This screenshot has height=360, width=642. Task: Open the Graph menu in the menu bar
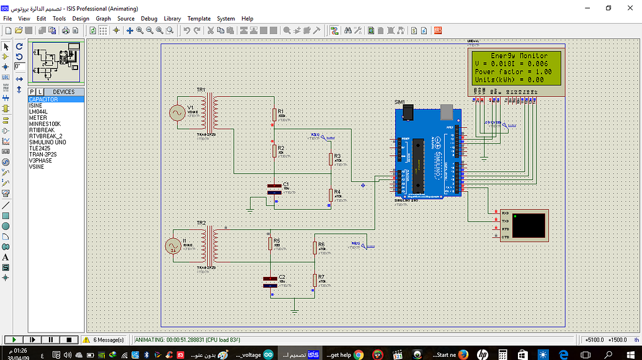(x=103, y=19)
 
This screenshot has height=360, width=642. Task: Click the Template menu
(x=199, y=19)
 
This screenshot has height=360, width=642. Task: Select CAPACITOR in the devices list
(x=43, y=99)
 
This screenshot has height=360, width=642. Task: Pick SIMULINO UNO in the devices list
(x=47, y=142)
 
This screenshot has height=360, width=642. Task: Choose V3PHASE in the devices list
(x=40, y=161)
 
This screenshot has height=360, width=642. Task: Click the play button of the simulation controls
(x=12, y=340)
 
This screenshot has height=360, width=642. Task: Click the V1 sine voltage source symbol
(x=178, y=112)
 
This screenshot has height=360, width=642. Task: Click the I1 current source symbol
(x=172, y=246)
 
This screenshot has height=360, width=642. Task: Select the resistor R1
(x=274, y=114)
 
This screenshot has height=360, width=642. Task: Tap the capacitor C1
(x=275, y=189)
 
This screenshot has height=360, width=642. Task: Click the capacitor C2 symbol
(x=270, y=281)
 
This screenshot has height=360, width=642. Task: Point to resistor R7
(x=314, y=279)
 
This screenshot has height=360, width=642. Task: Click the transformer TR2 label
(x=201, y=223)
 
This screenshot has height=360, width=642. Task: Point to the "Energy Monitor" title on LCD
(x=519, y=56)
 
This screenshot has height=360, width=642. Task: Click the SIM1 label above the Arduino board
(x=399, y=102)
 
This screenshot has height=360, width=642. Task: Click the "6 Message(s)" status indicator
(x=108, y=340)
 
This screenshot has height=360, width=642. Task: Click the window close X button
(x=630, y=8)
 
